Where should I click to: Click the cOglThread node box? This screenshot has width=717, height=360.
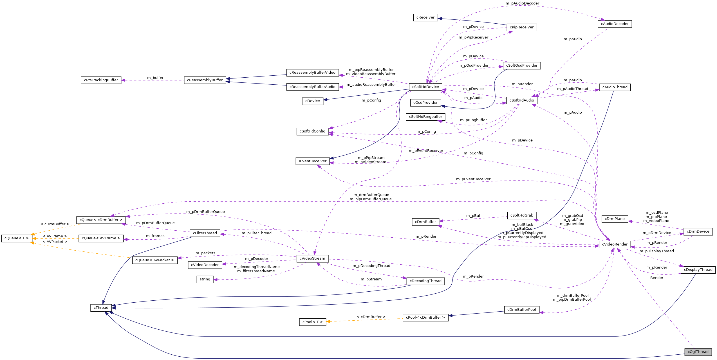point(698,352)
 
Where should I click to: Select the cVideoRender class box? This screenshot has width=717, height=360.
point(615,244)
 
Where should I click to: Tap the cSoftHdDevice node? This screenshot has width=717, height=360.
point(425,87)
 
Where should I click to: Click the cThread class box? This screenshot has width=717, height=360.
point(101,308)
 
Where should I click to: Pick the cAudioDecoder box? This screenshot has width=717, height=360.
point(615,24)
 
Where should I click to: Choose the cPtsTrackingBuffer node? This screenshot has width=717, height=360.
point(101,80)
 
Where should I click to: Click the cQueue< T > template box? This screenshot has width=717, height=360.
point(17,238)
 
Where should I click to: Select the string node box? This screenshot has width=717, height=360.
point(205,279)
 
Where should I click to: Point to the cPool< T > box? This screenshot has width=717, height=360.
point(312,322)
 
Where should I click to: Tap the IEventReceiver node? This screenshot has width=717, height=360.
point(312,161)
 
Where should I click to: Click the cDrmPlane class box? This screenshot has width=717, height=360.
point(615,219)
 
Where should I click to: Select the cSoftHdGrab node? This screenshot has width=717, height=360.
point(522,215)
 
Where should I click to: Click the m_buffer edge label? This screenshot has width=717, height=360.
point(155,78)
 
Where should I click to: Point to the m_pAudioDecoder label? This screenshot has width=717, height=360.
point(522,3)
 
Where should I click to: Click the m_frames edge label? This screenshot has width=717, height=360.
point(155,236)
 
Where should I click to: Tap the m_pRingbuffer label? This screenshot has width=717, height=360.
point(473,120)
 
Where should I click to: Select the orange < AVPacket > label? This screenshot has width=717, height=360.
point(55,242)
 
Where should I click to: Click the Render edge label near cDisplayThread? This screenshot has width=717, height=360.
point(656,278)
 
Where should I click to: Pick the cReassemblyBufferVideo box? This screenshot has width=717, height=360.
point(312,73)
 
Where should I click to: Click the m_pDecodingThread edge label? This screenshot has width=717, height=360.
point(371,266)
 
